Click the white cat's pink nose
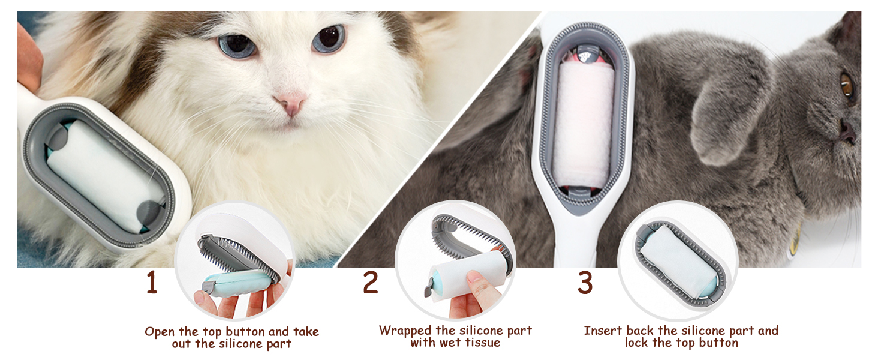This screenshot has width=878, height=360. pos(292,104)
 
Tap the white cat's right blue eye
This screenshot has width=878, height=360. pos(329,38)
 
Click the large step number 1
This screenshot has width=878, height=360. pos(152,283)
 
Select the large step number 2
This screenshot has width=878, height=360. pos(371,283)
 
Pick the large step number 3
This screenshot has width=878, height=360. pos(585,283)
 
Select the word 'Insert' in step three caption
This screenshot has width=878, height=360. pos(603,331)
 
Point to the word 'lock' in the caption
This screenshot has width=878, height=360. pos(637,343)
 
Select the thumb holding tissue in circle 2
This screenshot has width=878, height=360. pos(483,282)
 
